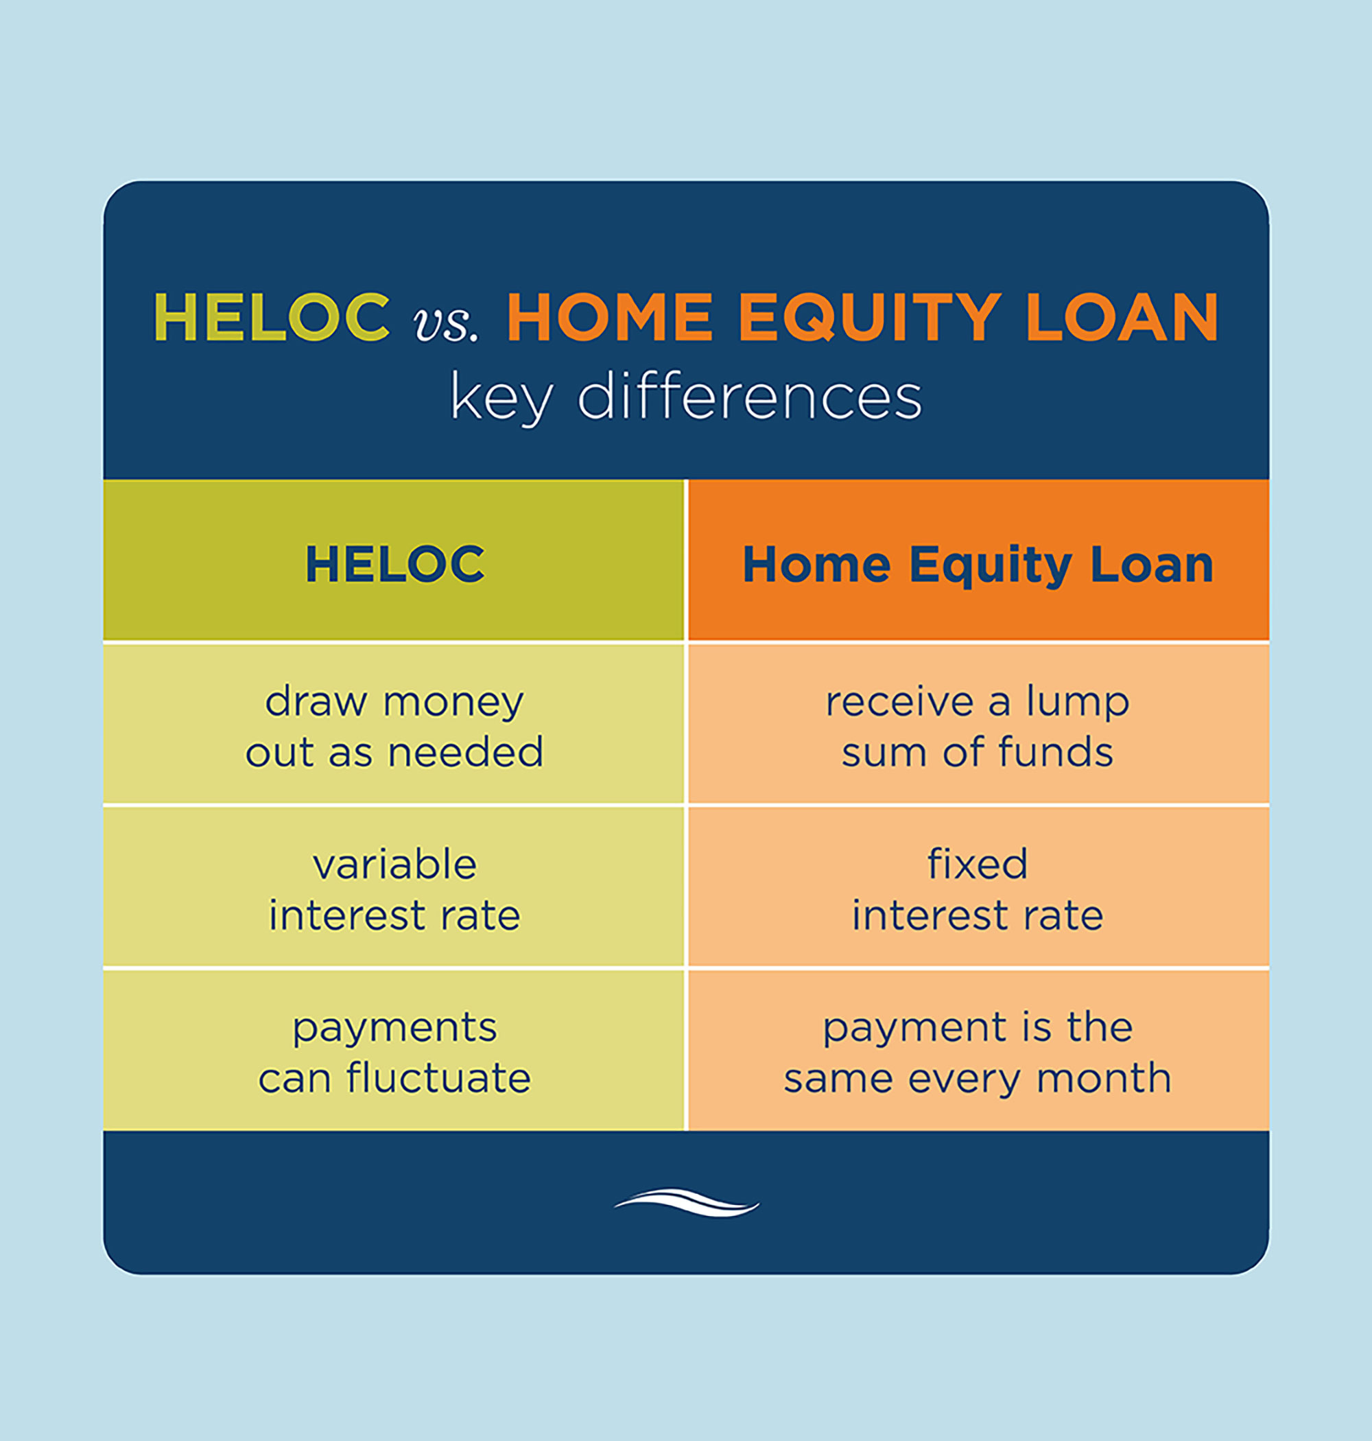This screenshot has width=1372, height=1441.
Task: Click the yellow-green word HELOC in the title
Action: tap(272, 317)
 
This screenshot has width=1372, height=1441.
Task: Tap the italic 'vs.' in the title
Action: tap(446, 323)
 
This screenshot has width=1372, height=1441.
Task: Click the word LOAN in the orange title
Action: tap(1121, 317)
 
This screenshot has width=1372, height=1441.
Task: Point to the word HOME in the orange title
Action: tap(610, 317)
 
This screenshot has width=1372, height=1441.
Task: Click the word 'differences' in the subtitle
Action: tap(750, 397)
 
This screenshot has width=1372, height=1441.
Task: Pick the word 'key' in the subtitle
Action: tap(501, 399)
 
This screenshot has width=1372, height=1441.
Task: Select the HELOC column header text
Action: tap(395, 564)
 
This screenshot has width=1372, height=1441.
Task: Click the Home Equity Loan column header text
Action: tap(978, 565)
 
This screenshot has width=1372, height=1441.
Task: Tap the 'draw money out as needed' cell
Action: tap(395, 727)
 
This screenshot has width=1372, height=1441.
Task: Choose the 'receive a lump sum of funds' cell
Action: tap(978, 727)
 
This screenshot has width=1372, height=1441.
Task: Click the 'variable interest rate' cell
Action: tap(395, 889)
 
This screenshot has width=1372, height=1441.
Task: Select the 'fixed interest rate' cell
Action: tap(978, 889)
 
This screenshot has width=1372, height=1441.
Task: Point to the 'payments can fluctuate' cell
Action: tap(395, 1053)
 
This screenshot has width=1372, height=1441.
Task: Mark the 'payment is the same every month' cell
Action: tap(978, 1053)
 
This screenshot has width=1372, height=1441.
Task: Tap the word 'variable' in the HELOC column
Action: tap(395, 865)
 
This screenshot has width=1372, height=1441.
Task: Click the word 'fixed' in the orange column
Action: tap(978, 864)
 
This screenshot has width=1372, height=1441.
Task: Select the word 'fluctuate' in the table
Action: tap(439, 1077)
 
